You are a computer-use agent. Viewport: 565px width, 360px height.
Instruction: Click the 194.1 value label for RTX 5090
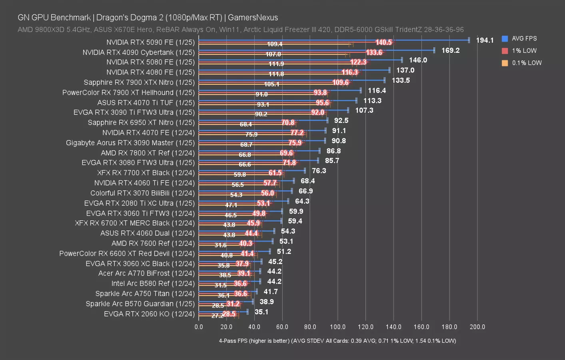485,40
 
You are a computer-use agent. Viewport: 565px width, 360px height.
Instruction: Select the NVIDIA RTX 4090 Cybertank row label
138,52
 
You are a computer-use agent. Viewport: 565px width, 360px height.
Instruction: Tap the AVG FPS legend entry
524,39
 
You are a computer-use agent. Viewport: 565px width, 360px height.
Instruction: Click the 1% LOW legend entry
524,51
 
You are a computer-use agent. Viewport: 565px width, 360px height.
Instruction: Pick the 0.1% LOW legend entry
526,63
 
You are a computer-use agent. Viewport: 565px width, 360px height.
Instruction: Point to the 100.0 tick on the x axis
338,327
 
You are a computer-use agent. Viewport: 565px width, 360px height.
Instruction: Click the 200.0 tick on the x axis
477,327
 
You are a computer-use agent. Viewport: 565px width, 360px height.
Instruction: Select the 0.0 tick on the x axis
199,327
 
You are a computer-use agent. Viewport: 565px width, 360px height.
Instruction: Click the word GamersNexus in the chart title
253,18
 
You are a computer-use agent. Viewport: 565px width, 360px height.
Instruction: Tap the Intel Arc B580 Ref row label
153,284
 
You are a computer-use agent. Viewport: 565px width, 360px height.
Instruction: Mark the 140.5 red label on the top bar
383,42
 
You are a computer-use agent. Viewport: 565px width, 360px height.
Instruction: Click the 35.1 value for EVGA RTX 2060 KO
261,312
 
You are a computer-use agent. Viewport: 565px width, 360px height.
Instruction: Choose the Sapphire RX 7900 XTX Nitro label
139,82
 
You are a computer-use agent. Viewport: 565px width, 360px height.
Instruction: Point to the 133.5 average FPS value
401,80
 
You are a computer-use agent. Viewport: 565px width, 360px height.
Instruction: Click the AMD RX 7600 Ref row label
153,243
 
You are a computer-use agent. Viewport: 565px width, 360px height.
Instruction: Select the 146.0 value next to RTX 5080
418,60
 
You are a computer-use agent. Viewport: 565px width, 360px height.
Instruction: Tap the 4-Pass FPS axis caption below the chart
337,341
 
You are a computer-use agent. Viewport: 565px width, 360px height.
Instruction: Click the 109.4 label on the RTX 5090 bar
275,44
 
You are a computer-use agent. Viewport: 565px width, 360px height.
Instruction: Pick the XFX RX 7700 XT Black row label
146,173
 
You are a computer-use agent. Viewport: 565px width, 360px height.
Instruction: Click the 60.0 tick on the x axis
282,327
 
